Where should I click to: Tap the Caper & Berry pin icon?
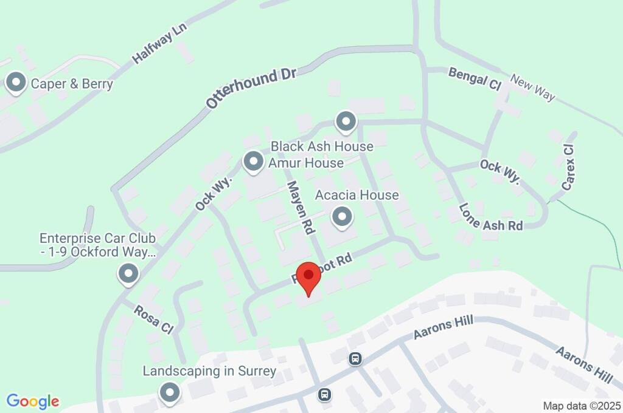(15, 83)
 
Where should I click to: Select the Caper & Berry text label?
(72, 84)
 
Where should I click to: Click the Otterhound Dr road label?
(251, 88)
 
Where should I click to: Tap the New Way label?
(533, 89)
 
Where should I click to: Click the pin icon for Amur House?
(252, 162)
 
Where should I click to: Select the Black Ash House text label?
(322, 146)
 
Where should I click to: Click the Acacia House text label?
(357, 195)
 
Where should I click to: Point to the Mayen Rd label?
(301, 207)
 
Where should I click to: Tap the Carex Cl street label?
(568, 168)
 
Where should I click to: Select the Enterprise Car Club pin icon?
(128, 274)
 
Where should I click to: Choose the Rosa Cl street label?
(155, 318)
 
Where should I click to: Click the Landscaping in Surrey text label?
(209, 370)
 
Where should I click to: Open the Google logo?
(33, 401)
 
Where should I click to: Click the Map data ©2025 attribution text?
(582, 405)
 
